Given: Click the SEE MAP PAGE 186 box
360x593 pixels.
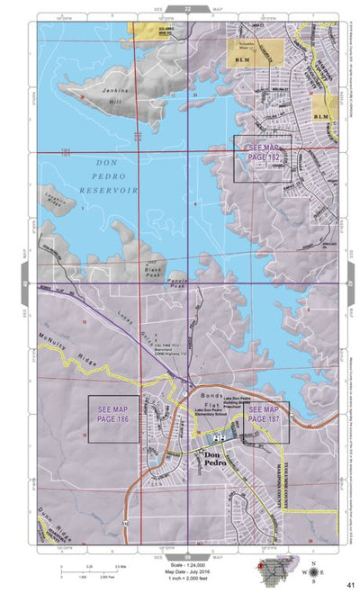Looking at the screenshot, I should coord(112,418).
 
